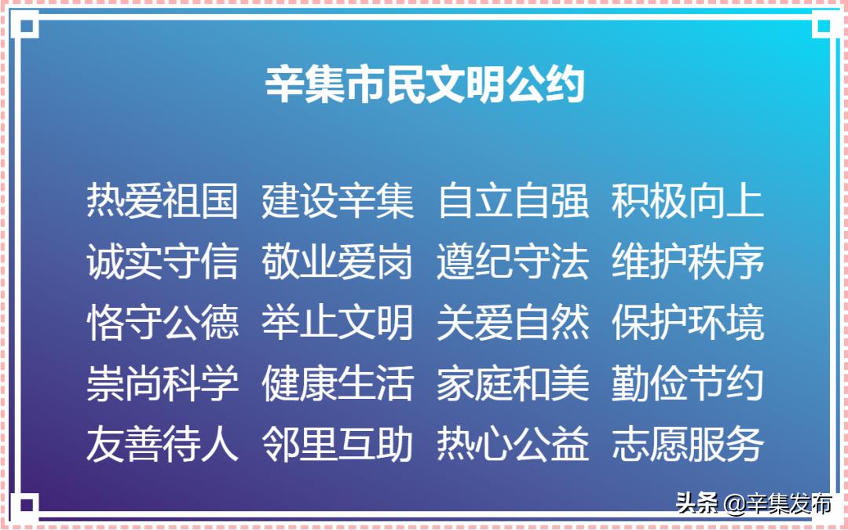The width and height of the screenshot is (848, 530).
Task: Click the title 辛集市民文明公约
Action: [425, 84]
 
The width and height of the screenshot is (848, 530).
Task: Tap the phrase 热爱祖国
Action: [163, 201]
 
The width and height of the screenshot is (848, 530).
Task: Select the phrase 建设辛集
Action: [338, 201]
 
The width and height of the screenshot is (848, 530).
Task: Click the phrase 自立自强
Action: [513, 201]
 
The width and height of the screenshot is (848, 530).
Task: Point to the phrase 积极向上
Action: [687, 201]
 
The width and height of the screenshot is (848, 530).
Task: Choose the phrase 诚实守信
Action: [163, 261]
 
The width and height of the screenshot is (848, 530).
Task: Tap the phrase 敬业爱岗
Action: [338, 261]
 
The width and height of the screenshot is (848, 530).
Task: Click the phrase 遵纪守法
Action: [513, 261]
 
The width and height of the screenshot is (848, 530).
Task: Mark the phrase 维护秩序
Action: [687, 261]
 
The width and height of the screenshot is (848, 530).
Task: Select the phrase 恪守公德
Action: [163, 323]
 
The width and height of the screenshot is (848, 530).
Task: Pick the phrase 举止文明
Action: [338, 323]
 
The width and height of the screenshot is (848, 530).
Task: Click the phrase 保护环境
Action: [687, 323]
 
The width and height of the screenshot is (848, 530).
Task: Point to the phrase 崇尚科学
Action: [163, 383]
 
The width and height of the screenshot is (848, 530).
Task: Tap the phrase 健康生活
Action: [338, 383]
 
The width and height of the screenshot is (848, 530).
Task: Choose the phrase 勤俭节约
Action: [687, 383]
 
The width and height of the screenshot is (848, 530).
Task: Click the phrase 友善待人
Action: [163, 444]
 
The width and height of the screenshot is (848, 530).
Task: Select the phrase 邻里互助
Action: [338, 444]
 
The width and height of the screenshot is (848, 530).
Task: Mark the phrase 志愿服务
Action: [687, 444]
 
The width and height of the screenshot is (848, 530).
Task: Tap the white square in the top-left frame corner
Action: [25, 25]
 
